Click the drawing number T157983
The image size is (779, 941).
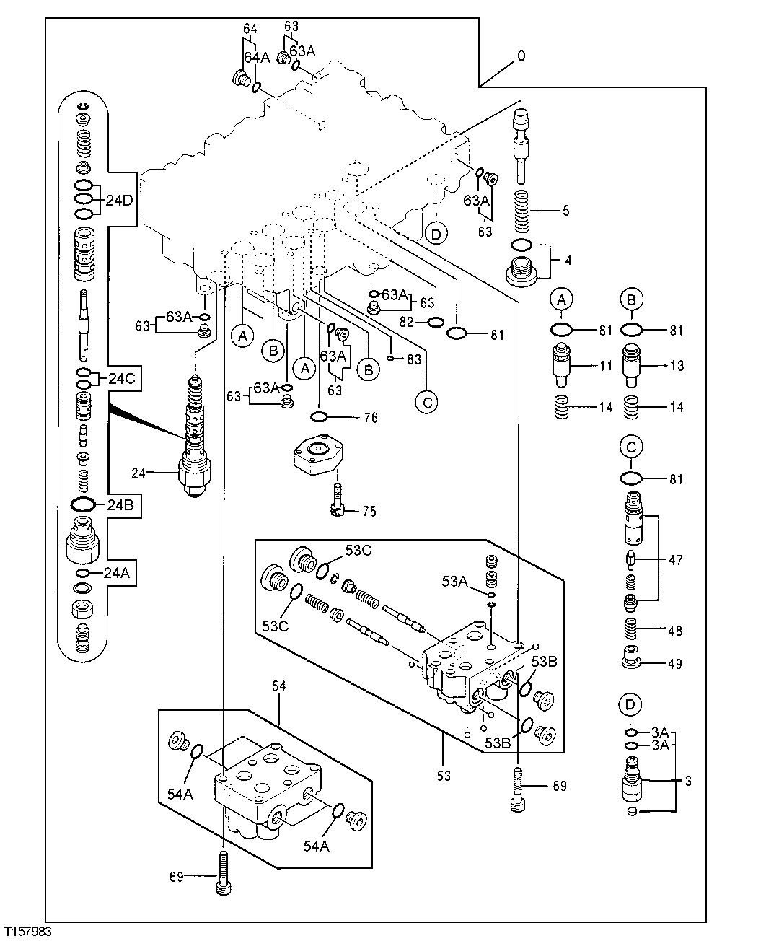27,932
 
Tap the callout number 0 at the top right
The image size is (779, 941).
521,56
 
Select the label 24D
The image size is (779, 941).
119,201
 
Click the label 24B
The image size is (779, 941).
120,504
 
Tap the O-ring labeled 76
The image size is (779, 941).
320,416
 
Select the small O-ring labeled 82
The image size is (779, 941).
435,323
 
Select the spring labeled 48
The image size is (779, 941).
632,629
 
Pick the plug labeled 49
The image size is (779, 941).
632,660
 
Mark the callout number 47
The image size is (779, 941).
675,559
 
